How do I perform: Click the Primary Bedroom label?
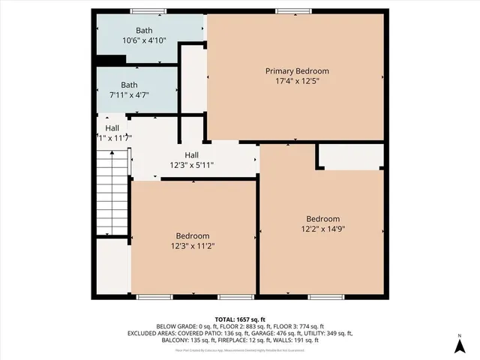(x=297, y=71)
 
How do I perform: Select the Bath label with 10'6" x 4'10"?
(x=130, y=31)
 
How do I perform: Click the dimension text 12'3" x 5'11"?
(x=191, y=165)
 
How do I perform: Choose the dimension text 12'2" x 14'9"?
(x=322, y=229)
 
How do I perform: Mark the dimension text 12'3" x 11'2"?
(x=193, y=244)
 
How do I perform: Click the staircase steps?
(x=111, y=191)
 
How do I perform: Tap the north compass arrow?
(x=459, y=346)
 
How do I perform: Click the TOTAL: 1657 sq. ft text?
(x=239, y=319)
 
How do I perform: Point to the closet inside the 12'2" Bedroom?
(x=351, y=157)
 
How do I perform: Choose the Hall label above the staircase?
(x=112, y=128)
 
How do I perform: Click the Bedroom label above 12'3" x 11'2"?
(x=193, y=234)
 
